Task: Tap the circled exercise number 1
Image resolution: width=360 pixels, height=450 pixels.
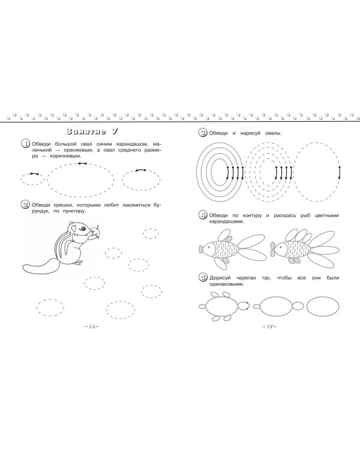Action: coord(26,143)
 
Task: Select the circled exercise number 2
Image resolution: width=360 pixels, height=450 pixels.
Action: coord(25,205)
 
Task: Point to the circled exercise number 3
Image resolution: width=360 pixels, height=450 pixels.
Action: coord(203,133)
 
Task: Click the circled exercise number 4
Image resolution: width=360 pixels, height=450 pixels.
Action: coord(203,215)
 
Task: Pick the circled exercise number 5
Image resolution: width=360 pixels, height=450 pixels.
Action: coord(203,278)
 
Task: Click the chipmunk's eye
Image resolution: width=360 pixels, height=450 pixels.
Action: coord(83,229)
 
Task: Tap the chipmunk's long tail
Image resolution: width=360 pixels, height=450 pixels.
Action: coord(41,266)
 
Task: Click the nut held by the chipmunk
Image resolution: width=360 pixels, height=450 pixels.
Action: coord(95,232)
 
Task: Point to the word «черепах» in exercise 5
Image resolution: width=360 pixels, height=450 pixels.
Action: coord(246,278)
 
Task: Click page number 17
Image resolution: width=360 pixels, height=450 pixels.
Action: coord(269,326)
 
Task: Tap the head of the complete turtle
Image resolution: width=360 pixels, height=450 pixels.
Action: coord(243,306)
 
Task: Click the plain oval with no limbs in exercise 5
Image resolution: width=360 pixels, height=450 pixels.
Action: coord(323,306)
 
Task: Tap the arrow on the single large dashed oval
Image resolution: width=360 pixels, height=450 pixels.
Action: coord(340,173)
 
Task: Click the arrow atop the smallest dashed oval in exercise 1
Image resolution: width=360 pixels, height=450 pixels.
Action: coord(34,173)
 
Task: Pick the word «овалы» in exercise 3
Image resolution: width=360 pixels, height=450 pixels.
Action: coord(274,133)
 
